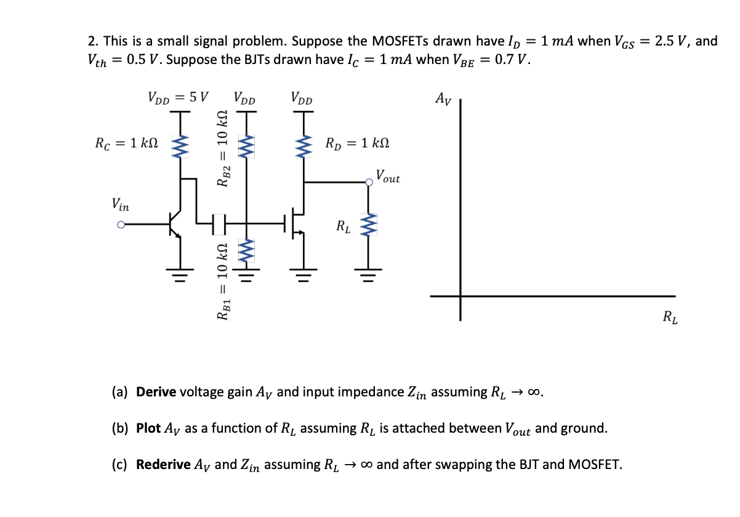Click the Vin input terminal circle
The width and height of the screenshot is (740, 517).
[x=121, y=225]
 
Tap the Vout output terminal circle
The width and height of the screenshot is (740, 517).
[x=369, y=182]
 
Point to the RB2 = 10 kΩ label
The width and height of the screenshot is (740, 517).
[x=225, y=148]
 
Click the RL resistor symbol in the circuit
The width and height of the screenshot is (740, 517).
[x=369, y=225]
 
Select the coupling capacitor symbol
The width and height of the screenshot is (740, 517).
[x=219, y=220]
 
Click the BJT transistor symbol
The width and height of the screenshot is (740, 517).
[x=175, y=225]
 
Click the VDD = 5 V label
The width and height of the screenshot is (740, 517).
[x=178, y=97]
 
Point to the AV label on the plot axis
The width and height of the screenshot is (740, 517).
[x=443, y=98]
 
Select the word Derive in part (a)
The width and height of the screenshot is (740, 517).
[x=156, y=392]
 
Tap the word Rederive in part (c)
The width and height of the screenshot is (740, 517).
[x=163, y=465]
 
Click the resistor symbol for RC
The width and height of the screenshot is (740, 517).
[x=182, y=148]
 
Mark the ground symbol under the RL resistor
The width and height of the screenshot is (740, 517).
[x=369, y=271]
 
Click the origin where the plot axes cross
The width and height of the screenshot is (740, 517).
[x=460, y=296]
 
